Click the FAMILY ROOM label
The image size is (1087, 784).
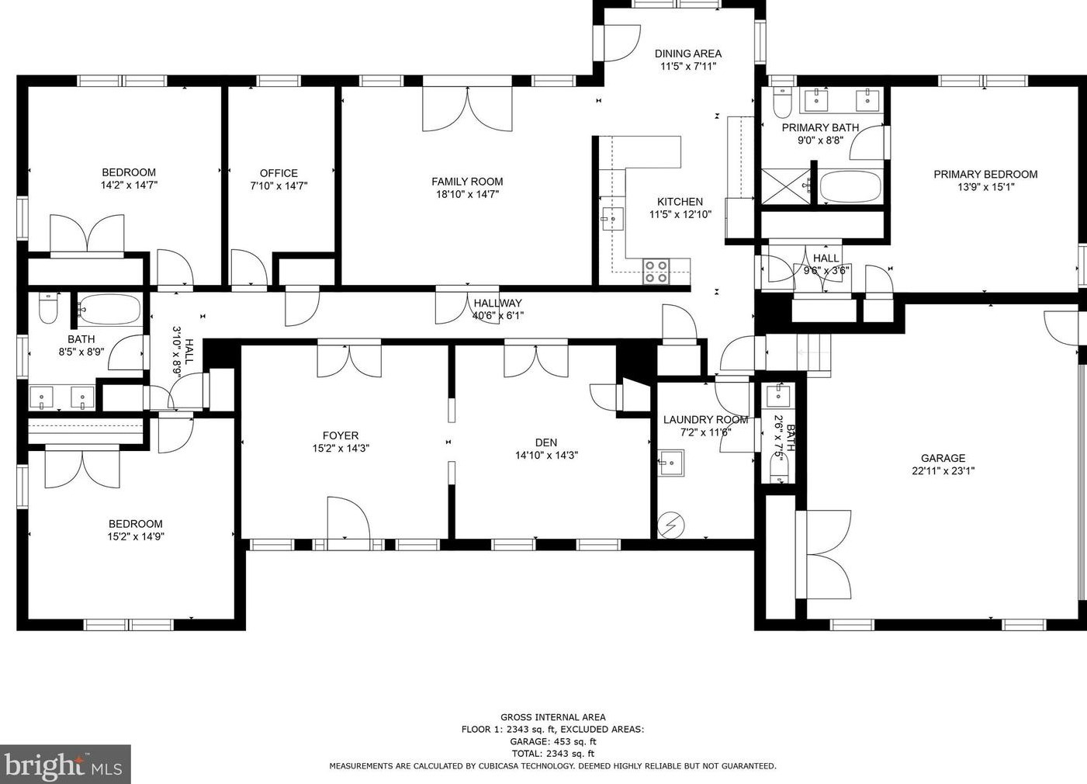tap(467, 182)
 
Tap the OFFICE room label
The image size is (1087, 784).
tap(279, 173)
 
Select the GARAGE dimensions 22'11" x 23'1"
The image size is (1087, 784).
tap(943, 470)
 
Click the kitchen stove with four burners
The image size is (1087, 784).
tap(656, 272)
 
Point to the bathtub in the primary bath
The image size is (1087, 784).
tap(850, 187)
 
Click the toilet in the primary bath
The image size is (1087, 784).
tap(782, 102)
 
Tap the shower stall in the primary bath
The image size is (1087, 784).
tap(786, 186)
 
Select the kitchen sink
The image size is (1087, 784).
tap(613, 219)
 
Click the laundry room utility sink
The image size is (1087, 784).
tap(671, 463)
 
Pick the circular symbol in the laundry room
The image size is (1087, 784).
tap(671, 525)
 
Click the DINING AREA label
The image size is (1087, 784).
tap(687, 54)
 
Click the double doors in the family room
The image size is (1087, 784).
tap(467, 109)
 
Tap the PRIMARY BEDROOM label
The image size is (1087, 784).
tap(985, 174)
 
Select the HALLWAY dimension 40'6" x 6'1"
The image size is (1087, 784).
tap(498, 316)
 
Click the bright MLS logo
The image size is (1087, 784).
tap(65, 764)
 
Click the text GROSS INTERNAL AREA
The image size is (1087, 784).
tap(552, 717)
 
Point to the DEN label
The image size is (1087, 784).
tap(546, 442)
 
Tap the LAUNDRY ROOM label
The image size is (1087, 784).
tap(705, 419)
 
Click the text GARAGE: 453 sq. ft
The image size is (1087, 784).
tap(552, 741)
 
